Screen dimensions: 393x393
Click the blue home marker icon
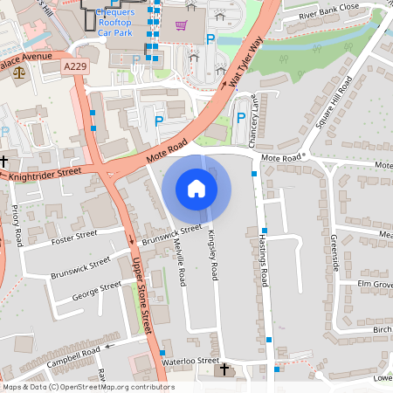pos(196,188)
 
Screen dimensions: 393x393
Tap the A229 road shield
pos(75,65)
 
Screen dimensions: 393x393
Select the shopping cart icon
pos(181,25)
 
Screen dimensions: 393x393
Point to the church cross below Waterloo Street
pos(223,370)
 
